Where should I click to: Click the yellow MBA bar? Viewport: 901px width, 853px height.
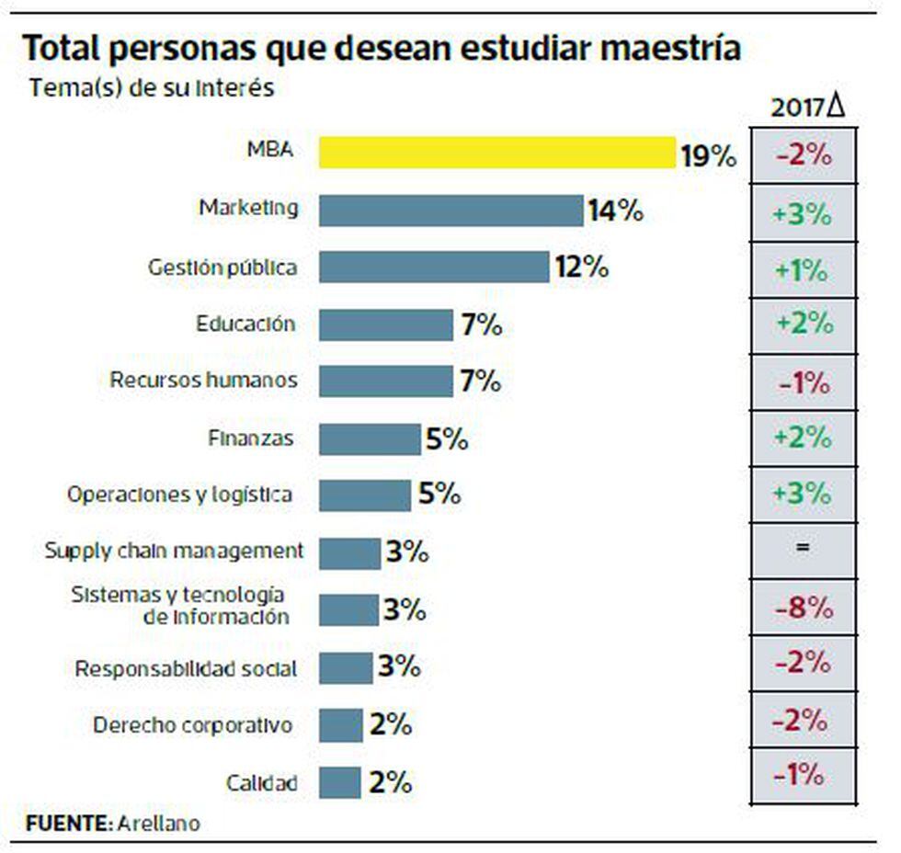pyautogui.click(x=497, y=153)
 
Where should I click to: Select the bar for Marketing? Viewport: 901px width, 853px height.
pyautogui.click(x=450, y=210)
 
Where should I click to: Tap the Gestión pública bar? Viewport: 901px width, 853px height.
pyautogui.click(x=434, y=267)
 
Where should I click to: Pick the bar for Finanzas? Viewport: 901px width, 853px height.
pyautogui.click(x=370, y=439)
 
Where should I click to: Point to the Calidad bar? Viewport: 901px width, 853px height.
pyautogui.click(x=340, y=782)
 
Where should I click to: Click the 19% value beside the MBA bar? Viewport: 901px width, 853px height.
pyautogui.click(x=708, y=155)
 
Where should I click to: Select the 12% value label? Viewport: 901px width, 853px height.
pyautogui.click(x=581, y=267)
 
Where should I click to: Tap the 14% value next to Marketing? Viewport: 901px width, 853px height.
pyautogui.click(x=615, y=210)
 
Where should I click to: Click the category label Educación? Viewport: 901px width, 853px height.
pyautogui.click(x=245, y=324)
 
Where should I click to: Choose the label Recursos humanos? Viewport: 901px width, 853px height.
pyautogui.click(x=203, y=380)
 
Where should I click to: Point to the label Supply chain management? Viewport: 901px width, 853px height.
pyautogui.click(x=174, y=551)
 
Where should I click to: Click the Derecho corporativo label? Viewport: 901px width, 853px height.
pyautogui.click(x=193, y=725)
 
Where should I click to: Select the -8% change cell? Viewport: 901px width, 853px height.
pyautogui.click(x=804, y=608)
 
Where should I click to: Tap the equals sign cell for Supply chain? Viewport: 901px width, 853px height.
pyautogui.click(x=804, y=549)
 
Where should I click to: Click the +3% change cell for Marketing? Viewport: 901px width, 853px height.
pyautogui.click(x=804, y=213)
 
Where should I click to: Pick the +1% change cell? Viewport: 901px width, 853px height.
pyautogui.click(x=804, y=270)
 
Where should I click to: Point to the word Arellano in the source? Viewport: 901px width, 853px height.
pyautogui.click(x=158, y=822)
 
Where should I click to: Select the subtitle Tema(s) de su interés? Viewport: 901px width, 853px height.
pyautogui.click(x=153, y=88)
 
